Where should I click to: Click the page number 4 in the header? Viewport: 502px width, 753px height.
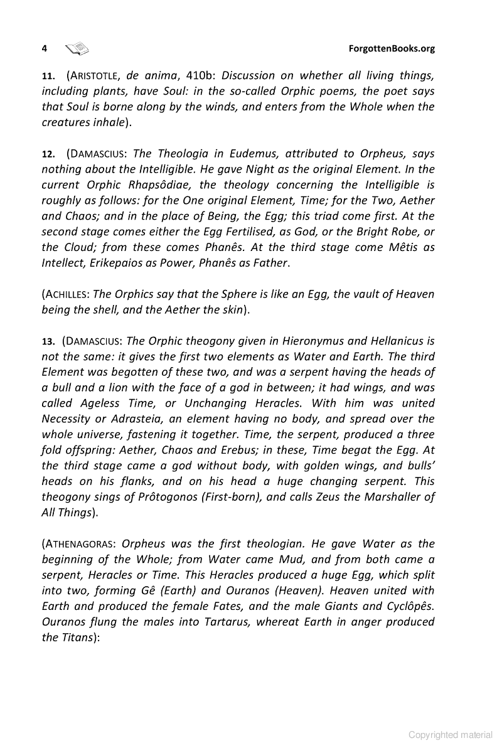[44, 49]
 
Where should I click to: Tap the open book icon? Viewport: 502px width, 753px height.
[77, 48]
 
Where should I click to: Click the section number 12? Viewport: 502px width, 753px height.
[48, 154]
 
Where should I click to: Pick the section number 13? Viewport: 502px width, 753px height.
[48, 342]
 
